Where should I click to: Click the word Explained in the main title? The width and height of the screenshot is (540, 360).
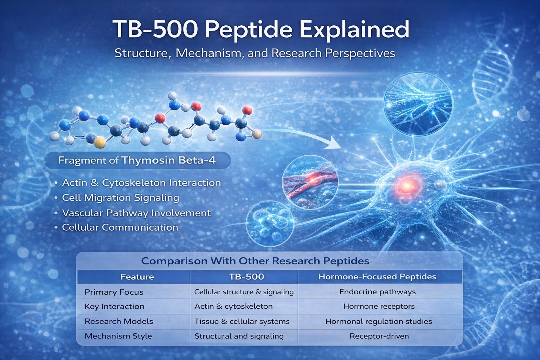pos(354,30)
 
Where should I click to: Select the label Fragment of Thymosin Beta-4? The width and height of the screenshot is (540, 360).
pos(137,160)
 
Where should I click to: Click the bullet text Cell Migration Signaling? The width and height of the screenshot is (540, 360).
pos(121,198)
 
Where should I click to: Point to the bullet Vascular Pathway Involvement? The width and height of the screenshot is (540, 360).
pos(136,213)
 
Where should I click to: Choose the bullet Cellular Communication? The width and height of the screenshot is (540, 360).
pos(120,227)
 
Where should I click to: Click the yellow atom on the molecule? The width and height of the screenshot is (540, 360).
pos(99,142)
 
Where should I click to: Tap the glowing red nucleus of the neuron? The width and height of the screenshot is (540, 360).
pos(407,185)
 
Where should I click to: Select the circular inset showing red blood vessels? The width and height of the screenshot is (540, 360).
pos(310,182)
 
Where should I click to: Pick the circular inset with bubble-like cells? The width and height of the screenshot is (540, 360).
pos(270,224)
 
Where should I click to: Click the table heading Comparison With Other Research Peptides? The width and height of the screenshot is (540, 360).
pos(255,261)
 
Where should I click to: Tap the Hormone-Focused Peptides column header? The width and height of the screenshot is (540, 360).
pos(377,277)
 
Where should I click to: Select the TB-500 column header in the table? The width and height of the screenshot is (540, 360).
pos(246,277)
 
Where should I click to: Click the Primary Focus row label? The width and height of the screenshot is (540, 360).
pos(114,292)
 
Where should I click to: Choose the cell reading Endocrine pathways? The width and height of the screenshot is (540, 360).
pos(378,292)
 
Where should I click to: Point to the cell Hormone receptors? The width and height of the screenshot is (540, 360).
pos(379,306)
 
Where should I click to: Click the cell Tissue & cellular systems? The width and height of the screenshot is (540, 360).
pos(242,321)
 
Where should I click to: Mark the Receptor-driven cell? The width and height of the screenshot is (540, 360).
pos(379,336)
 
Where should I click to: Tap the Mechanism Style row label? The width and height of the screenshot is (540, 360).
pos(118,336)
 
